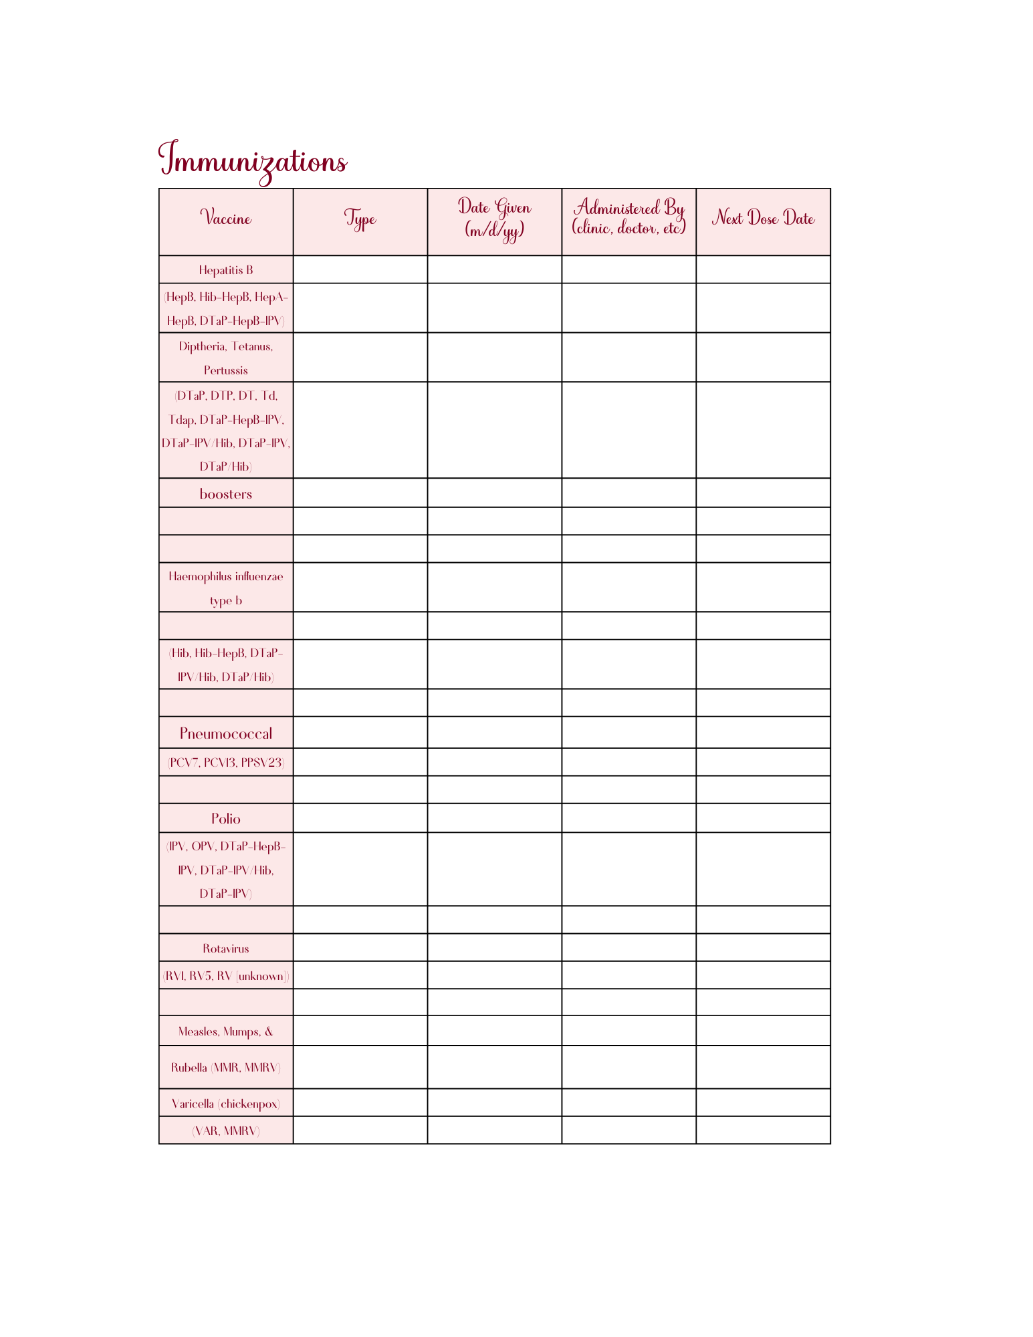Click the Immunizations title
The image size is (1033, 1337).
[252, 161]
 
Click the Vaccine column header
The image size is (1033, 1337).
[226, 219]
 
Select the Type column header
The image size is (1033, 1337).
[360, 219]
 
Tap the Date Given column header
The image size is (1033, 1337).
[494, 218]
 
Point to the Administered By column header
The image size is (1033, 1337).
[628, 218]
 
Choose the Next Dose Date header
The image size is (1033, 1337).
[763, 219]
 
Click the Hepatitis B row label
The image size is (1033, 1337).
[226, 270]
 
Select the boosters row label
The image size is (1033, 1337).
[226, 494]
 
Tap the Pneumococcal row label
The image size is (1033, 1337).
[226, 733]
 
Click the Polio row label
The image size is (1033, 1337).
[226, 819]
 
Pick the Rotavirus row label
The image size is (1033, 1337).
[226, 949]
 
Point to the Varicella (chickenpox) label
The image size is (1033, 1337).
[226, 1104]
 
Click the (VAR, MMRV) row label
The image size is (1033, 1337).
[226, 1131]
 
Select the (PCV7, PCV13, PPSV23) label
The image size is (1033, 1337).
[226, 763]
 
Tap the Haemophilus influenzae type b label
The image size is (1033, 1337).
[226, 588]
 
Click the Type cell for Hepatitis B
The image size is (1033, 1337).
[360, 269]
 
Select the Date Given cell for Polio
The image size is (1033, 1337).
[494, 818]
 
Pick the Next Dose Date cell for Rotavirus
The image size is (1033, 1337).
[763, 948]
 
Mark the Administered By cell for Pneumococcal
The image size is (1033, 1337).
[628, 733]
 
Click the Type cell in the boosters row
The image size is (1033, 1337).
[360, 493]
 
